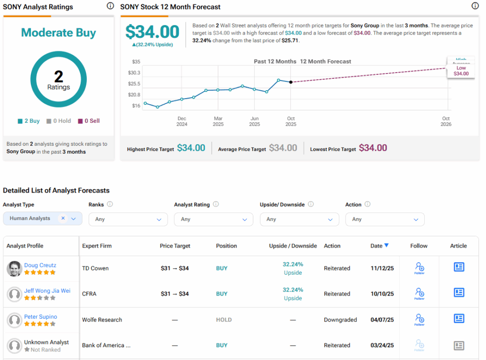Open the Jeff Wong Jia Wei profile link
47,291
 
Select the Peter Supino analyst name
40,316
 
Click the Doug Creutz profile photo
15,269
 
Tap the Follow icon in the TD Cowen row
419,268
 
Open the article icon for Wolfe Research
458,318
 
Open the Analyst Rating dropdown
213,219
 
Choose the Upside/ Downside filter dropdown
299,219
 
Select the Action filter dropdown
384,219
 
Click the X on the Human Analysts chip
63,218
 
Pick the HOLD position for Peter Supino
224,320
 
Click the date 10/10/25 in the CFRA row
382,294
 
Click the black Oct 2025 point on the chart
290,82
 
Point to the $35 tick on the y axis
136,62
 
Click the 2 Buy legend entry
29,121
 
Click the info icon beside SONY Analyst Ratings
110,6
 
